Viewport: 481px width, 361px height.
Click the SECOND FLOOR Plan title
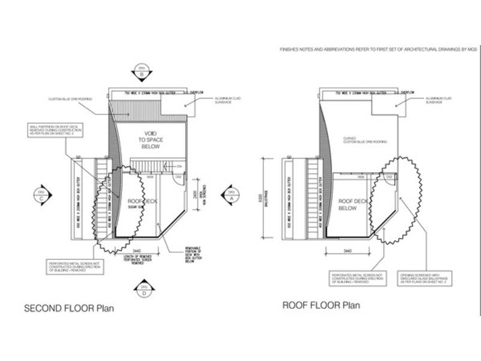69,309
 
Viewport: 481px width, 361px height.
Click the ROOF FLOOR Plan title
321,305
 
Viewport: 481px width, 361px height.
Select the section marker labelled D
142,291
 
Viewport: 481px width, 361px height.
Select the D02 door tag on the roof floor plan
389,177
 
